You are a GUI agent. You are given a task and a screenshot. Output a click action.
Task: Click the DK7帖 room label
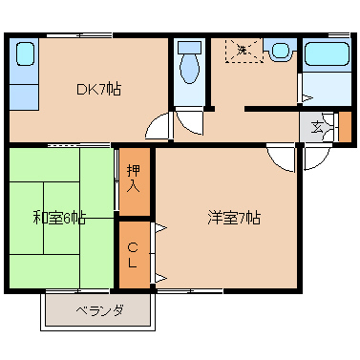point(98,89)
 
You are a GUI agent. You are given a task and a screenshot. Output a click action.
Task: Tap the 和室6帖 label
point(59,218)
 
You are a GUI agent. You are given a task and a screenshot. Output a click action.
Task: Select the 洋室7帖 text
point(234,219)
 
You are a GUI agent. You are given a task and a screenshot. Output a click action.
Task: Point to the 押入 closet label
point(134,179)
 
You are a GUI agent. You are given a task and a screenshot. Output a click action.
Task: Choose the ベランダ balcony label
point(99,309)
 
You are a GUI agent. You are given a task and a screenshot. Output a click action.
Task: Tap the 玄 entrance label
point(316,128)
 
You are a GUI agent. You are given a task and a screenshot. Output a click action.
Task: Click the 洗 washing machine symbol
point(244,50)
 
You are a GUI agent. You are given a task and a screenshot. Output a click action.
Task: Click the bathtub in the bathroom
point(327,53)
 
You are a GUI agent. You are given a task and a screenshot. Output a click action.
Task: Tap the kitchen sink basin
point(25,53)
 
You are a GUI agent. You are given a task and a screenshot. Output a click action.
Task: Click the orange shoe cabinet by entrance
point(345,126)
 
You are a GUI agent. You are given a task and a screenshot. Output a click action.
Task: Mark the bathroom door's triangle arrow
point(307,98)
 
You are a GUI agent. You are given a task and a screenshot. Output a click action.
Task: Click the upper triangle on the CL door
point(161,227)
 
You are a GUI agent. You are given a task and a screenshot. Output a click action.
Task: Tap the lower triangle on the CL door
point(161,278)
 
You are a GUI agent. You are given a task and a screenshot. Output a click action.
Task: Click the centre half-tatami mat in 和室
point(61,218)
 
